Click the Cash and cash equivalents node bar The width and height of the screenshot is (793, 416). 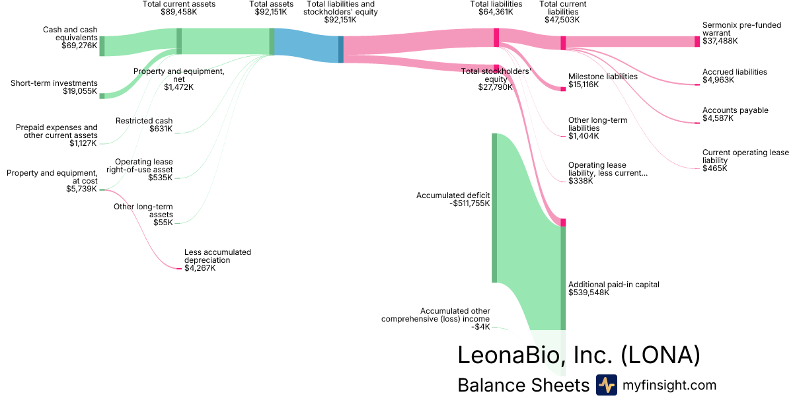pos(102,46)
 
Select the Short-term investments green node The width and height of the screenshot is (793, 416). pos(102,96)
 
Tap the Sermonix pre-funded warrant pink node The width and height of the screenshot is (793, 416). pos(697,41)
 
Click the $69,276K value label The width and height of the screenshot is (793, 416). pos(79,46)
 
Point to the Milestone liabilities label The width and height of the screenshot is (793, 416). pos(603,76)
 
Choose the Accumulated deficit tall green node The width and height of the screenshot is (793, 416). pos(494,207)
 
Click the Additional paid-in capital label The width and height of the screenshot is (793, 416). pos(614,285)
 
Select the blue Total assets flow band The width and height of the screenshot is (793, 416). pos(307,46)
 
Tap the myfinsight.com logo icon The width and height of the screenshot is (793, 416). pos(606,385)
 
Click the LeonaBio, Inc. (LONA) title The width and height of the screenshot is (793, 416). pos(578,355)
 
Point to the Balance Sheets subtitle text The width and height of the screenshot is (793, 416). pos(523,385)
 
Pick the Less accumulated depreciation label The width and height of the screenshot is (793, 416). pos(217,256)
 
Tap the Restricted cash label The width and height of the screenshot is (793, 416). pos(144,121)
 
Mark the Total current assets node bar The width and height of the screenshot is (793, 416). pos(179,41)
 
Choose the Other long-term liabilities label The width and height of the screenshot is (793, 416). pos(597,124)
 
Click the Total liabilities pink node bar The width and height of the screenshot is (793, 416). pos(496,38)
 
